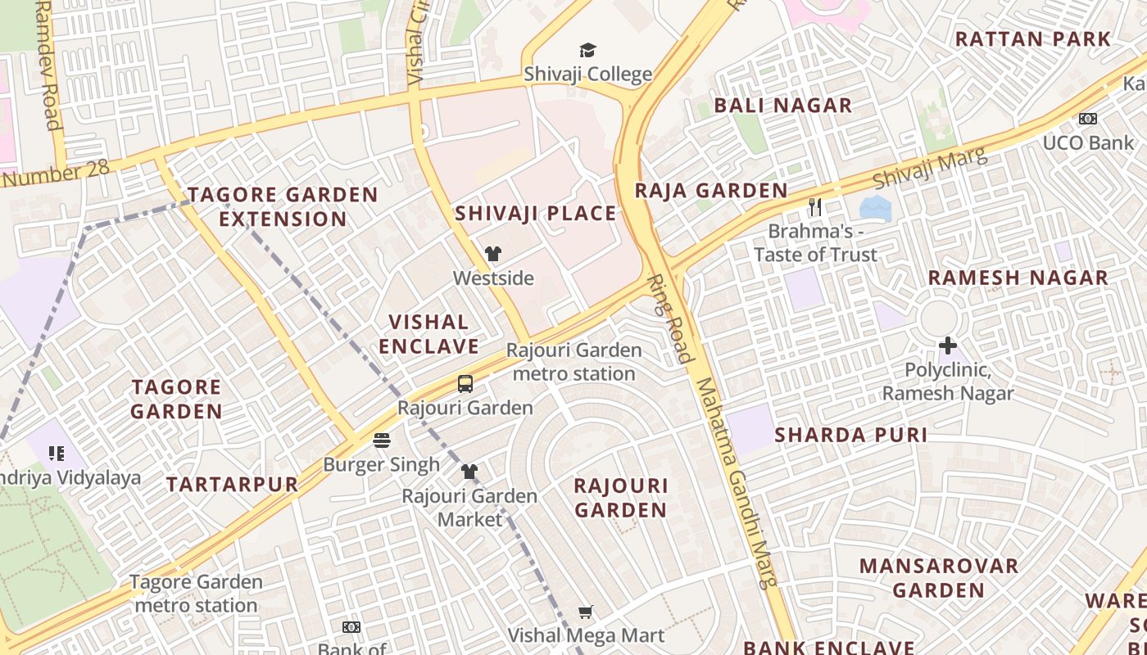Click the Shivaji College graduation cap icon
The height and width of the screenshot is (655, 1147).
pyautogui.click(x=587, y=51)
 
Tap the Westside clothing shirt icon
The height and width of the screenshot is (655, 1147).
pyautogui.click(x=492, y=254)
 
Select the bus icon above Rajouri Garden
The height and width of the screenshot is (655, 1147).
pyautogui.click(x=465, y=383)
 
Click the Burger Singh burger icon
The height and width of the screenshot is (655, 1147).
pyautogui.click(x=381, y=440)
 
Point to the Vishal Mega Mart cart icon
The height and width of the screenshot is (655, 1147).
pyautogui.click(x=585, y=612)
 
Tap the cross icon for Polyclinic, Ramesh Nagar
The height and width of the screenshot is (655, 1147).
pyautogui.click(x=947, y=346)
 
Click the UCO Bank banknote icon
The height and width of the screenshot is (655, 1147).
pyautogui.click(x=1087, y=119)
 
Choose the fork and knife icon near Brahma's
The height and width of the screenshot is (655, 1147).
pyautogui.click(x=814, y=207)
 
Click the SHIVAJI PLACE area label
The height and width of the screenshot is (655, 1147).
pyautogui.click(x=535, y=214)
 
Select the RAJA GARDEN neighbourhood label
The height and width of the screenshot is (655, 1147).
pyautogui.click(x=711, y=191)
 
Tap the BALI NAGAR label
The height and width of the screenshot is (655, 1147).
pyautogui.click(x=782, y=105)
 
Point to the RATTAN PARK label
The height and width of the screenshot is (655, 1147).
pyautogui.click(x=1032, y=38)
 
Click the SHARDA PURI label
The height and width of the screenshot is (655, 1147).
pyautogui.click(x=850, y=435)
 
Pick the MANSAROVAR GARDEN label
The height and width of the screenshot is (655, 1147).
pyautogui.click(x=938, y=577)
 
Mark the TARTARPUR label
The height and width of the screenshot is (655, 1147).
pyautogui.click(x=232, y=484)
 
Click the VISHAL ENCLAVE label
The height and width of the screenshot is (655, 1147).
pyautogui.click(x=428, y=333)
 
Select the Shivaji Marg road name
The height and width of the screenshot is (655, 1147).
pyautogui.click(x=929, y=167)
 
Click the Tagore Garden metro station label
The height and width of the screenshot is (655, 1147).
pyautogui.click(x=196, y=594)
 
